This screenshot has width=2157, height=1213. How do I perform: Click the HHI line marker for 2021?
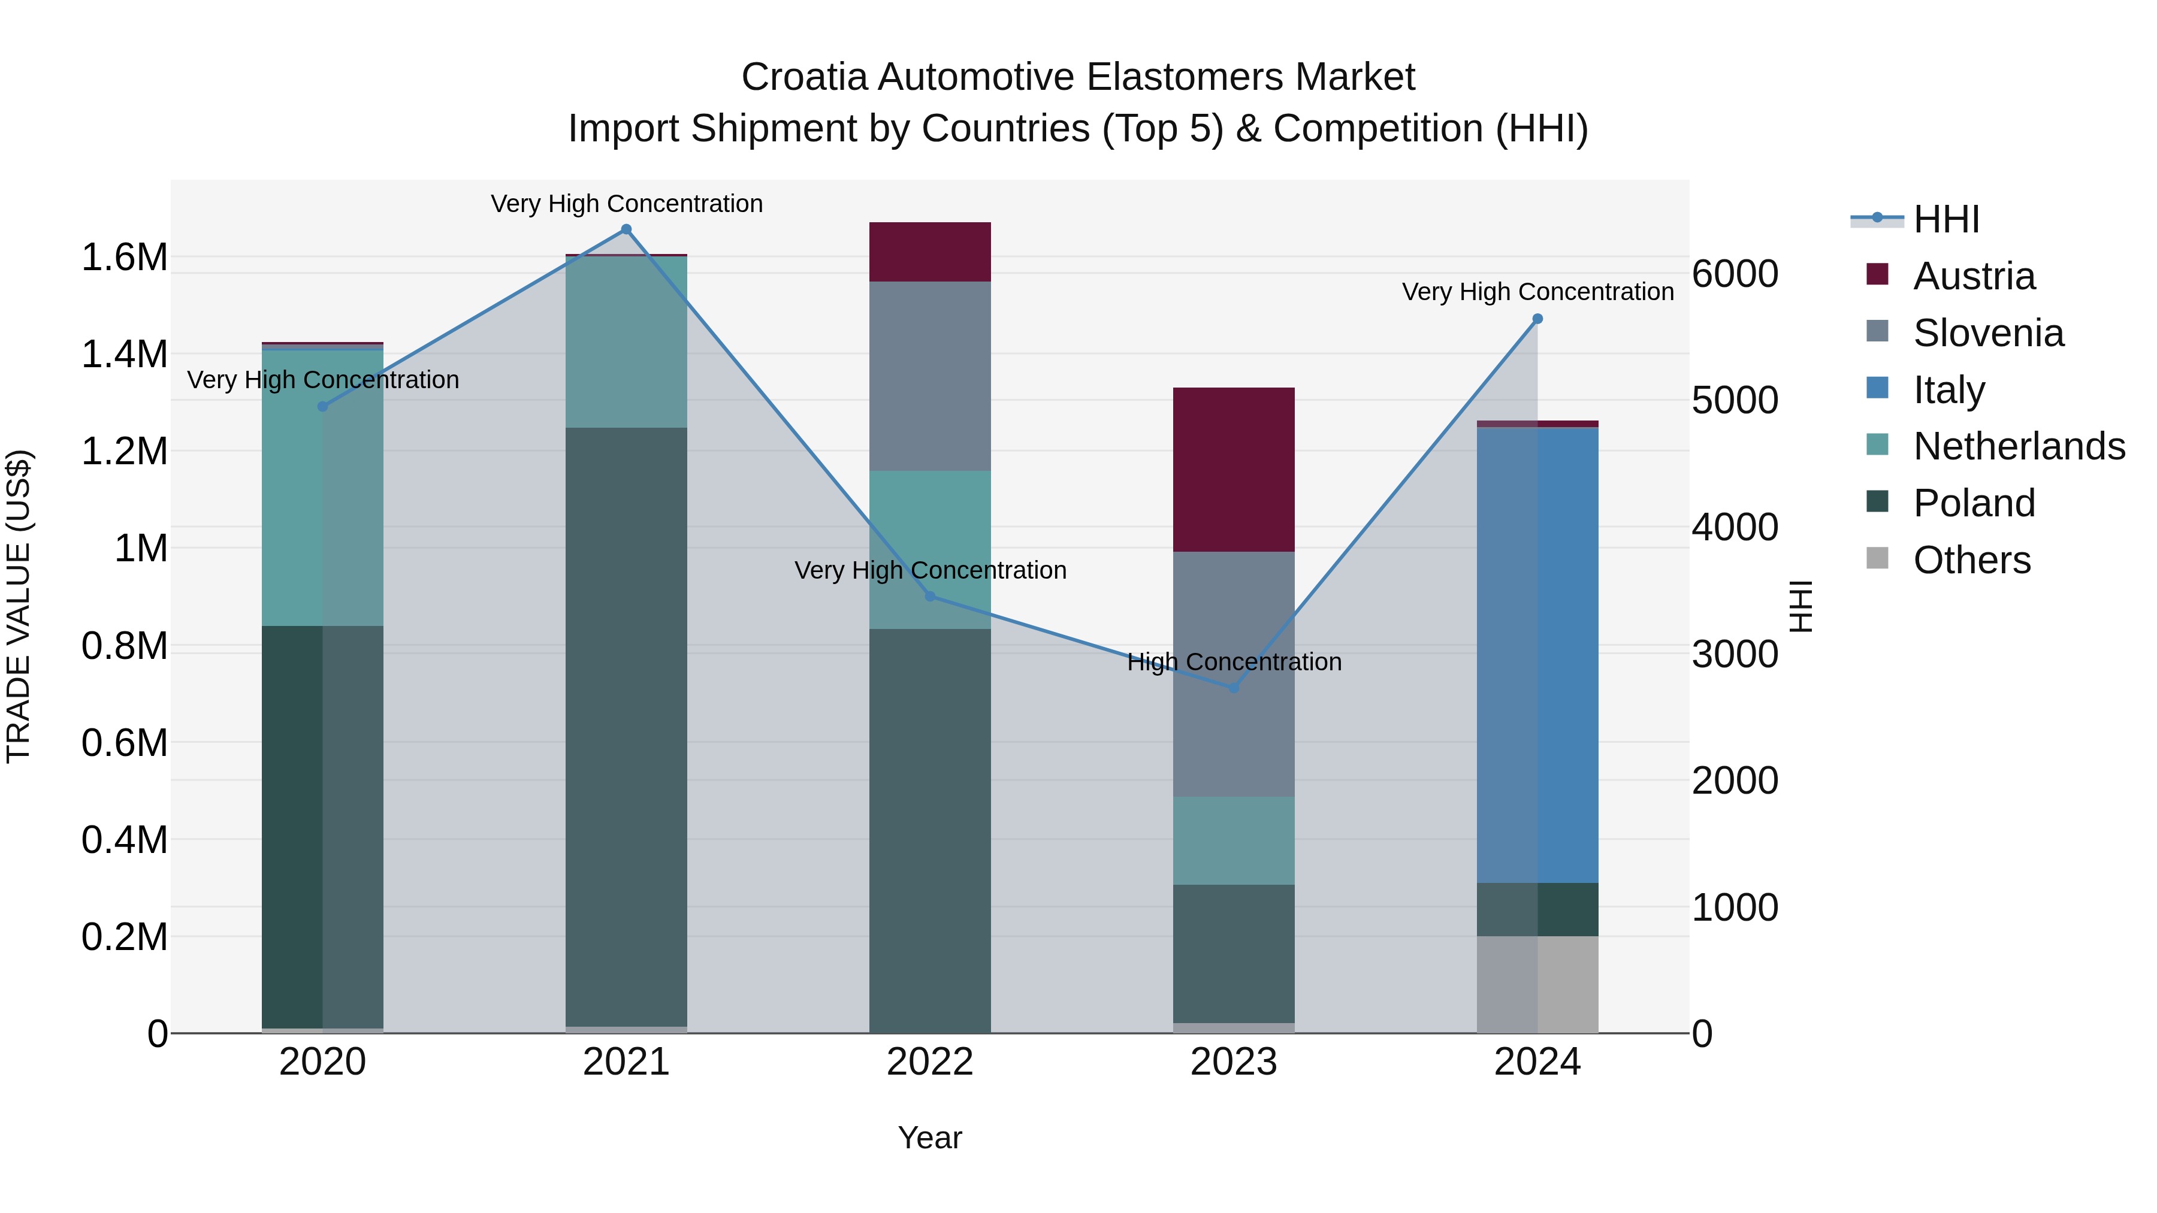pyautogui.click(x=626, y=229)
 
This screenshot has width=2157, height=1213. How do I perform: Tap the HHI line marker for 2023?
pyautogui.click(x=1234, y=687)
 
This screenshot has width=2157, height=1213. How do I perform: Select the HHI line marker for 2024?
pyautogui.click(x=1537, y=319)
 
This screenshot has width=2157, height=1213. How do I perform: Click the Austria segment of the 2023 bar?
pyautogui.click(x=1234, y=469)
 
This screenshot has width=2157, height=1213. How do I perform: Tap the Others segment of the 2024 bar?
pyautogui.click(x=1537, y=984)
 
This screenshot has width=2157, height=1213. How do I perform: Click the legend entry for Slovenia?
pyautogui.click(x=1988, y=333)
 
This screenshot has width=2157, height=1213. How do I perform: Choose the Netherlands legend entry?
pyautogui.click(x=2018, y=446)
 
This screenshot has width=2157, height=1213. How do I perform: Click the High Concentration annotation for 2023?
pyautogui.click(x=1234, y=662)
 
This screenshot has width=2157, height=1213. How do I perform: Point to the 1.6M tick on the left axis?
pyautogui.click(x=125, y=257)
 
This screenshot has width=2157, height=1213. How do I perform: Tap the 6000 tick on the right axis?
pyautogui.click(x=1734, y=274)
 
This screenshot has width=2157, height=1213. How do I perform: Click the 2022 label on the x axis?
pyautogui.click(x=929, y=1062)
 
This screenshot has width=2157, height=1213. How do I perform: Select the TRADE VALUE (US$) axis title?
pyautogui.click(x=19, y=606)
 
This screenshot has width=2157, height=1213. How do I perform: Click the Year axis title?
pyautogui.click(x=929, y=1138)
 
